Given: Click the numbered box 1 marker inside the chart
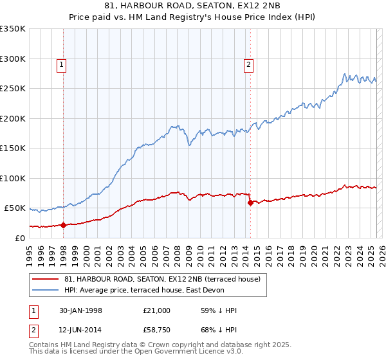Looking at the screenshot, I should [x=60, y=64].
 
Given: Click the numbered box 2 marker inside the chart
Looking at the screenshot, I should [x=248, y=64].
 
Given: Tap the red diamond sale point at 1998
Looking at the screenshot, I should [x=64, y=225].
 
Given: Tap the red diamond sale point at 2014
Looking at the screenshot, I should [x=250, y=203].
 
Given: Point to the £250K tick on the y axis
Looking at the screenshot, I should [x=13, y=88].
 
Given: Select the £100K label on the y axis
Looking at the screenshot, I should [x=13, y=178].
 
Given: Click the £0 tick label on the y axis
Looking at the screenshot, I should [x=19, y=238].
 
